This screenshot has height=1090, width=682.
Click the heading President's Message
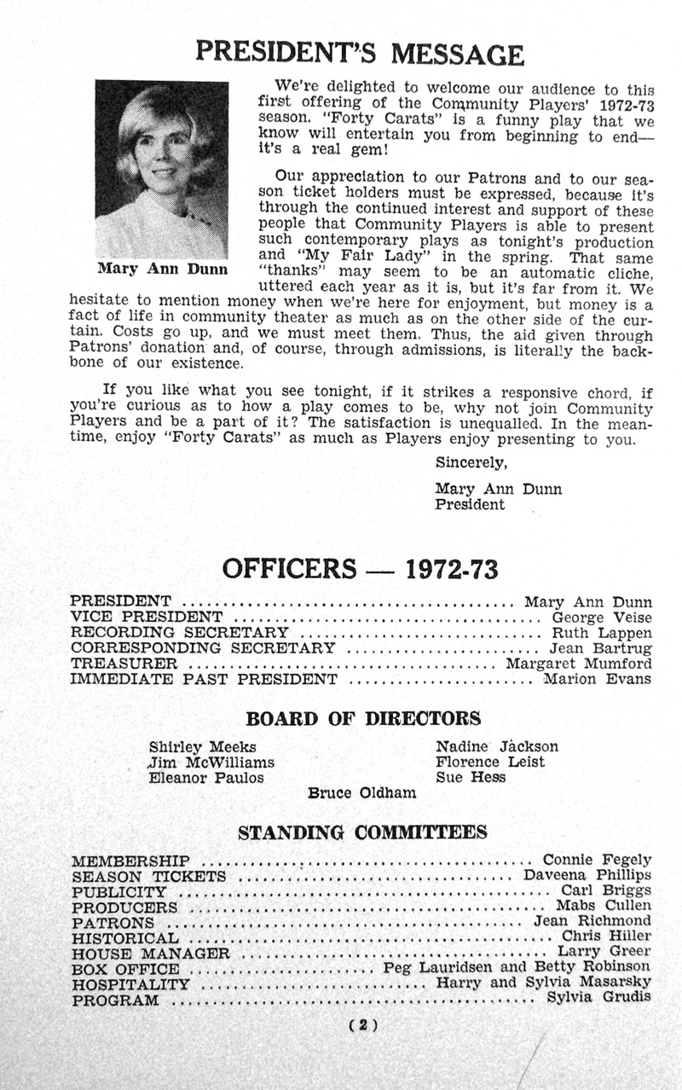click(x=359, y=53)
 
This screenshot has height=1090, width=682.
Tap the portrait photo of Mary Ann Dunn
click(x=161, y=169)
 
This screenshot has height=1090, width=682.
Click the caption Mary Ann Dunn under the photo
click(x=162, y=270)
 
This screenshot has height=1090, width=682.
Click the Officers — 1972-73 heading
click(x=360, y=568)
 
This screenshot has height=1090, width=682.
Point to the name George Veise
click(x=602, y=617)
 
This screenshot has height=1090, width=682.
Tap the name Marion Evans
click(x=598, y=679)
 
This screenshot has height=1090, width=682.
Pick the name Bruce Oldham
click(x=362, y=793)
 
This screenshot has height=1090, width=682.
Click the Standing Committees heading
click(x=362, y=832)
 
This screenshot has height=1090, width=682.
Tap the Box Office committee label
click(x=125, y=969)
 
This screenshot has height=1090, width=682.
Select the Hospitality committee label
click(x=130, y=984)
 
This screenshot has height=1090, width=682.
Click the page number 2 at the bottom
click(x=363, y=1026)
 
